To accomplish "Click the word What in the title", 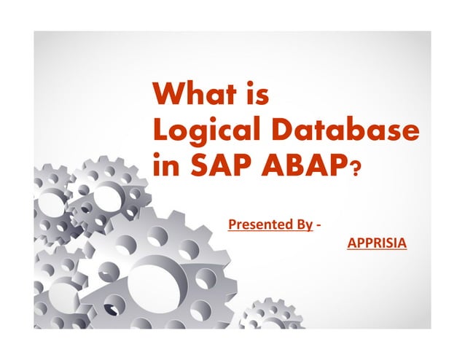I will tap(192, 95).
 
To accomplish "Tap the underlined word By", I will tap(305, 224).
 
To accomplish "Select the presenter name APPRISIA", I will tap(377, 241).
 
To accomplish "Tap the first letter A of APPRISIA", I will tap(351, 241).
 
